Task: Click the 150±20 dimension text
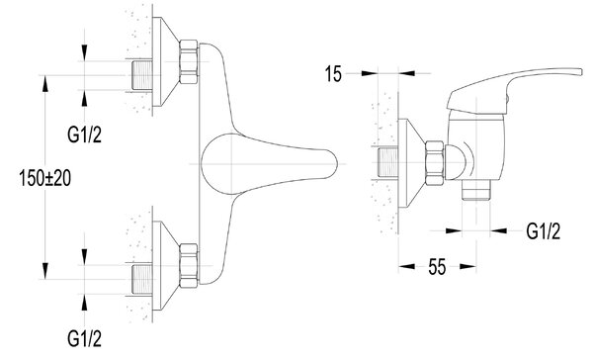click(45, 178)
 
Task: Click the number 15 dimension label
click(333, 74)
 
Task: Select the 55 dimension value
click(437, 267)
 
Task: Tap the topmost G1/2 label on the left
click(84, 135)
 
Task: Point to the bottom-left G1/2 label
click(84, 338)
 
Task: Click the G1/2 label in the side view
click(544, 230)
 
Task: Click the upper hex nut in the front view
click(189, 61)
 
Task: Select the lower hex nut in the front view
click(189, 266)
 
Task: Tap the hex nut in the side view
click(435, 163)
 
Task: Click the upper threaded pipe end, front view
click(141, 75)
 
